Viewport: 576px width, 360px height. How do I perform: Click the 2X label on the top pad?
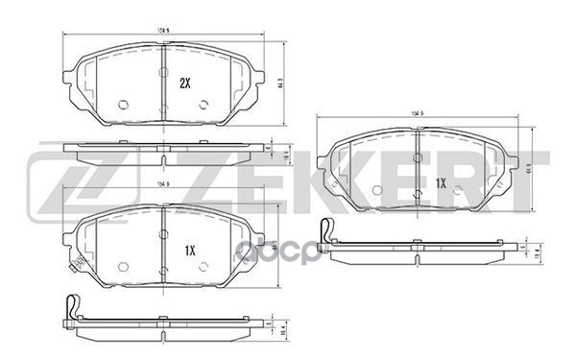coord(185,84)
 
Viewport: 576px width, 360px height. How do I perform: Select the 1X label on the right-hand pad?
coord(441,181)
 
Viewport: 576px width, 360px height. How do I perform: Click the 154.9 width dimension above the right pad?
coord(418,113)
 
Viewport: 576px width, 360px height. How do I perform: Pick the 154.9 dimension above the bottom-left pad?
coord(162,184)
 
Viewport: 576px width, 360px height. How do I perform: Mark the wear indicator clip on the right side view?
coord(326,233)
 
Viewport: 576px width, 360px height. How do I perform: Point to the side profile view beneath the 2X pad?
coord(163,151)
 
